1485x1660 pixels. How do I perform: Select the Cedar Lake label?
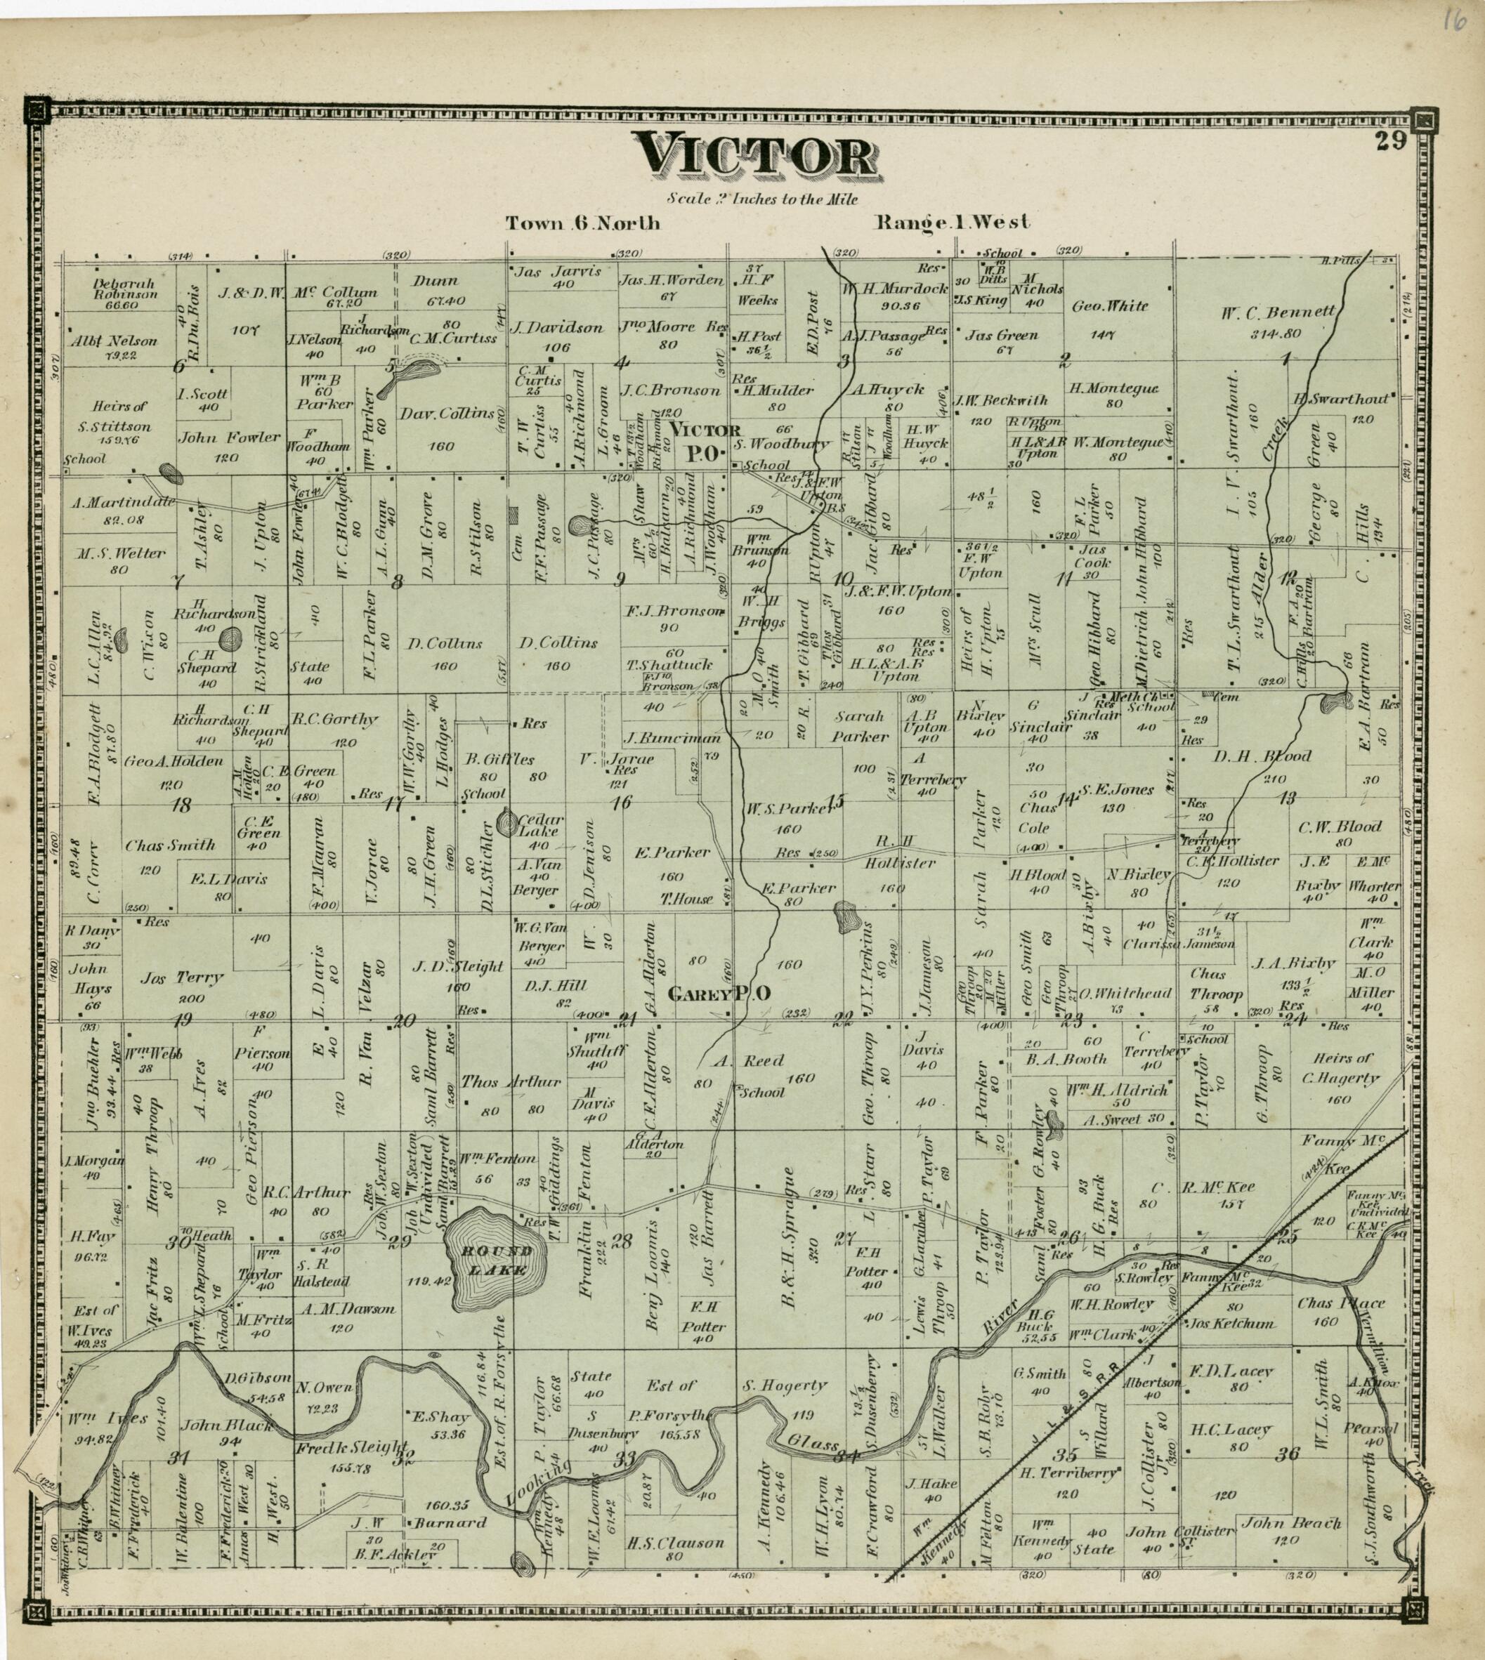coord(539,826)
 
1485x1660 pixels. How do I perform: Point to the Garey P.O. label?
coord(719,994)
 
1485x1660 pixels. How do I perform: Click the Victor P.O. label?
coord(705,440)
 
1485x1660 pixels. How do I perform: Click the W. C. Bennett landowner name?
coord(1278,312)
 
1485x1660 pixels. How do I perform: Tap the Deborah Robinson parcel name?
coord(124,289)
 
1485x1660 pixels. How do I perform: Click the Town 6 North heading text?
coord(582,223)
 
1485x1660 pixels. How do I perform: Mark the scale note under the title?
coord(761,198)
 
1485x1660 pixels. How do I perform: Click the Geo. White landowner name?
coord(1110,307)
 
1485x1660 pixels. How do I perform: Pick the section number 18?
coord(181,805)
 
